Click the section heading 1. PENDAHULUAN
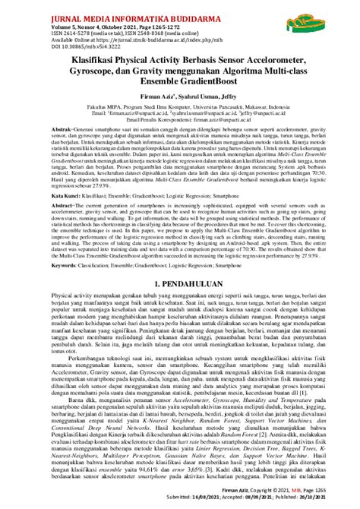(179, 282)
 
